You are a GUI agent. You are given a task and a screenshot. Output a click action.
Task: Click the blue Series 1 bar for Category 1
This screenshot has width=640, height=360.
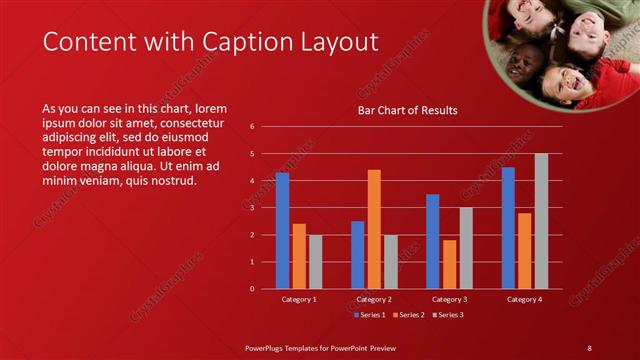[282, 231]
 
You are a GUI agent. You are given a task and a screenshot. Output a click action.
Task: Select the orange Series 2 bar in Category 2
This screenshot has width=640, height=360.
[374, 229]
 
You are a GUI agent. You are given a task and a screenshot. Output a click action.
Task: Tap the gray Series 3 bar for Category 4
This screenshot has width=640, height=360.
[541, 221]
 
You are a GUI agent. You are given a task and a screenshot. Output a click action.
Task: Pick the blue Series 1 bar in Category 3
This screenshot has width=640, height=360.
[432, 241]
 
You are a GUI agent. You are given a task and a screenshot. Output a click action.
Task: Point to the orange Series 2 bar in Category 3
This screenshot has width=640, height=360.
[449, 264]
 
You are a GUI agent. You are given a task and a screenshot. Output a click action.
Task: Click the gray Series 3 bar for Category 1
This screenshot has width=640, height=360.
[315, 261]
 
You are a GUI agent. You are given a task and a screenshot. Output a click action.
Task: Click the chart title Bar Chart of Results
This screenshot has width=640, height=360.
[408, 110]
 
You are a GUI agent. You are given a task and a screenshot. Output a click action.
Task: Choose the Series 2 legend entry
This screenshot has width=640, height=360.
[408, 315]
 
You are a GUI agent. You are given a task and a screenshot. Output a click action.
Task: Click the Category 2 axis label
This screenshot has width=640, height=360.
[374, 299]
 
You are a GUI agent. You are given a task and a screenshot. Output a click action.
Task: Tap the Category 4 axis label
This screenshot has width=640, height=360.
[524, 299]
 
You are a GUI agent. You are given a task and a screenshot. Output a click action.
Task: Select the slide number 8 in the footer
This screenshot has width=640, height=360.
[589, 347]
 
